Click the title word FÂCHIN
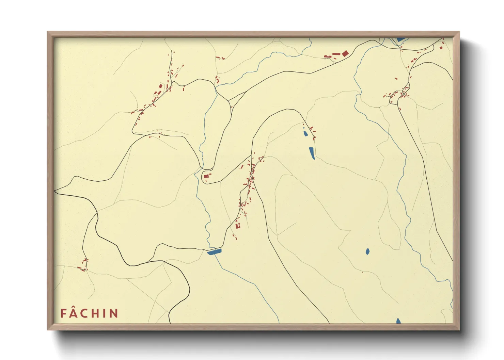coord(89,313)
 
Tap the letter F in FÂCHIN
coord(63,313)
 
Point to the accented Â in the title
coord(74,313)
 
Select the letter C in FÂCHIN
coord(85,313)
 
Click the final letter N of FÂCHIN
coord(114,313)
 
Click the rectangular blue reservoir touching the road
coord(214,252)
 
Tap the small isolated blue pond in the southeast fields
coord(367,251)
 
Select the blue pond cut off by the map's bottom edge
coord(398,321)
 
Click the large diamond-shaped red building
coord(345,53)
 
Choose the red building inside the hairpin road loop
coord(206,176)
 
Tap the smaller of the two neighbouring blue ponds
coord(305,133)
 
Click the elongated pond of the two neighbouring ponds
coord(312,153)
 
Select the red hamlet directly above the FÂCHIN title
coord(83,265)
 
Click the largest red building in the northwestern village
coord(160,86)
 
